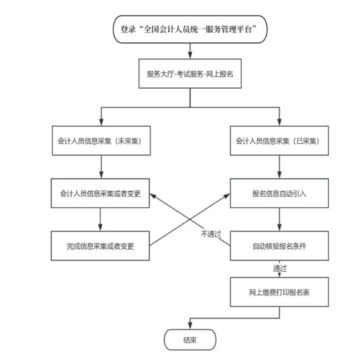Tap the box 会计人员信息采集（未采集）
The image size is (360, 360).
[100, 141]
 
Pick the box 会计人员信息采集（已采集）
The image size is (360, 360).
[279, 141]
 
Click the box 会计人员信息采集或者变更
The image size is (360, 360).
[100, 194]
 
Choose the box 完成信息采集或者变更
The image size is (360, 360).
[100, 246]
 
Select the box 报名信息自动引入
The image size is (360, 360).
[279, 194]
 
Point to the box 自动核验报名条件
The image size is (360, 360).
[279, 246]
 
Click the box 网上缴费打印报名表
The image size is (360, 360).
[279, 292]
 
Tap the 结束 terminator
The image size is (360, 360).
[189, 339]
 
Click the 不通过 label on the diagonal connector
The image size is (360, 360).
[211, 234]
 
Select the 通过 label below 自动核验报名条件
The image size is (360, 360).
[279, 268]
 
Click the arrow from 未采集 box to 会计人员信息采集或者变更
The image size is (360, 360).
[101, 167]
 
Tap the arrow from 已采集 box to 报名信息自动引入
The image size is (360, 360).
[279, 167]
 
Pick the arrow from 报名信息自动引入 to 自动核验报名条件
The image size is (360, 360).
[279, 220]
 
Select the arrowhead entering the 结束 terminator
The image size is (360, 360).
[190, 326]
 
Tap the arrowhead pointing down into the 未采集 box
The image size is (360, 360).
[101, 123]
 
